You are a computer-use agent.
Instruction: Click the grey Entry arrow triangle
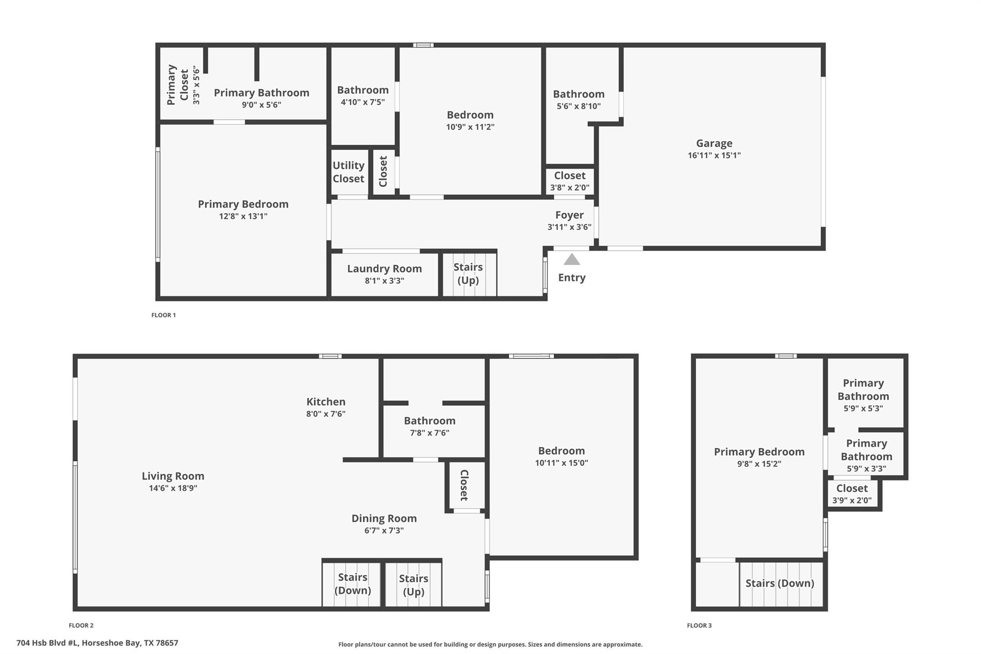tap(571, 260)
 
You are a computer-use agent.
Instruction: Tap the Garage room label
tap(714, 143)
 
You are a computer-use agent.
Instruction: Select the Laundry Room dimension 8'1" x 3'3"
tap(384, 281)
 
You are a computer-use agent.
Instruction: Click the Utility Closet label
tap(348, 172)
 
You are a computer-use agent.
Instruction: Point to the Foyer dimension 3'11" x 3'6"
tap(569, 227)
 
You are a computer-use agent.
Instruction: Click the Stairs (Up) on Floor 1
tap(468, 274)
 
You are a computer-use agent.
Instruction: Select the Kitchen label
tap(326, 402)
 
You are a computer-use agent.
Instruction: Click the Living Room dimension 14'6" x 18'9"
tap(173, 488)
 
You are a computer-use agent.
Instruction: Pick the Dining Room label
tap(384, 518)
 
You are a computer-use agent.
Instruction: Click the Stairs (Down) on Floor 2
tap(353, 584)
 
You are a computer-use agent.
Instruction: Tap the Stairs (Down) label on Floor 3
tap(779, 583)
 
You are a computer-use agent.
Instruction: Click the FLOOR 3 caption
tap(699, 625)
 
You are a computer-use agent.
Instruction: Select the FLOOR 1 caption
tap(163, 315)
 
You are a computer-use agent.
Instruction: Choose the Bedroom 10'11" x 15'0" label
tap(561, 451)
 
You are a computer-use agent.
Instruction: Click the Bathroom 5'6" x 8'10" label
tap(578, 94)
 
